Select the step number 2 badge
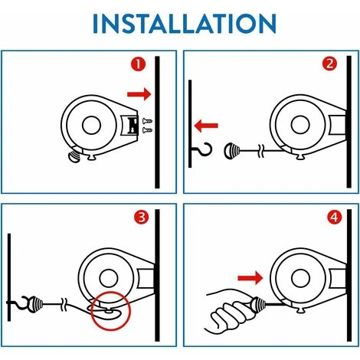point(329,64)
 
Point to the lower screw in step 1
point(147,130)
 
